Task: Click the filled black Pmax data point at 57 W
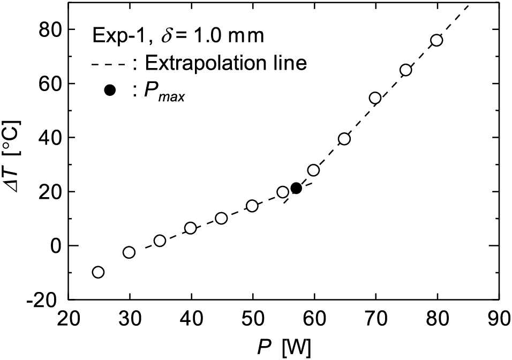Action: [296, 188]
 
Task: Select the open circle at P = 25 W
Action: [98, 272]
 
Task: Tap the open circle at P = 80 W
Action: [436, 41]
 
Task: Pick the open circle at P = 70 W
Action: [375, 97]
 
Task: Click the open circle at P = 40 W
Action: [190, 228]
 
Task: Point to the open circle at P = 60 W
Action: [313, 170]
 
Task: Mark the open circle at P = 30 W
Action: [129, 252]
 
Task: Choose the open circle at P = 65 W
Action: [344, 139]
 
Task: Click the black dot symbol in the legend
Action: [110, 90]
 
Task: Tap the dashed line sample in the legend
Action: [109, 65]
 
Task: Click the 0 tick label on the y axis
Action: [55, 246]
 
